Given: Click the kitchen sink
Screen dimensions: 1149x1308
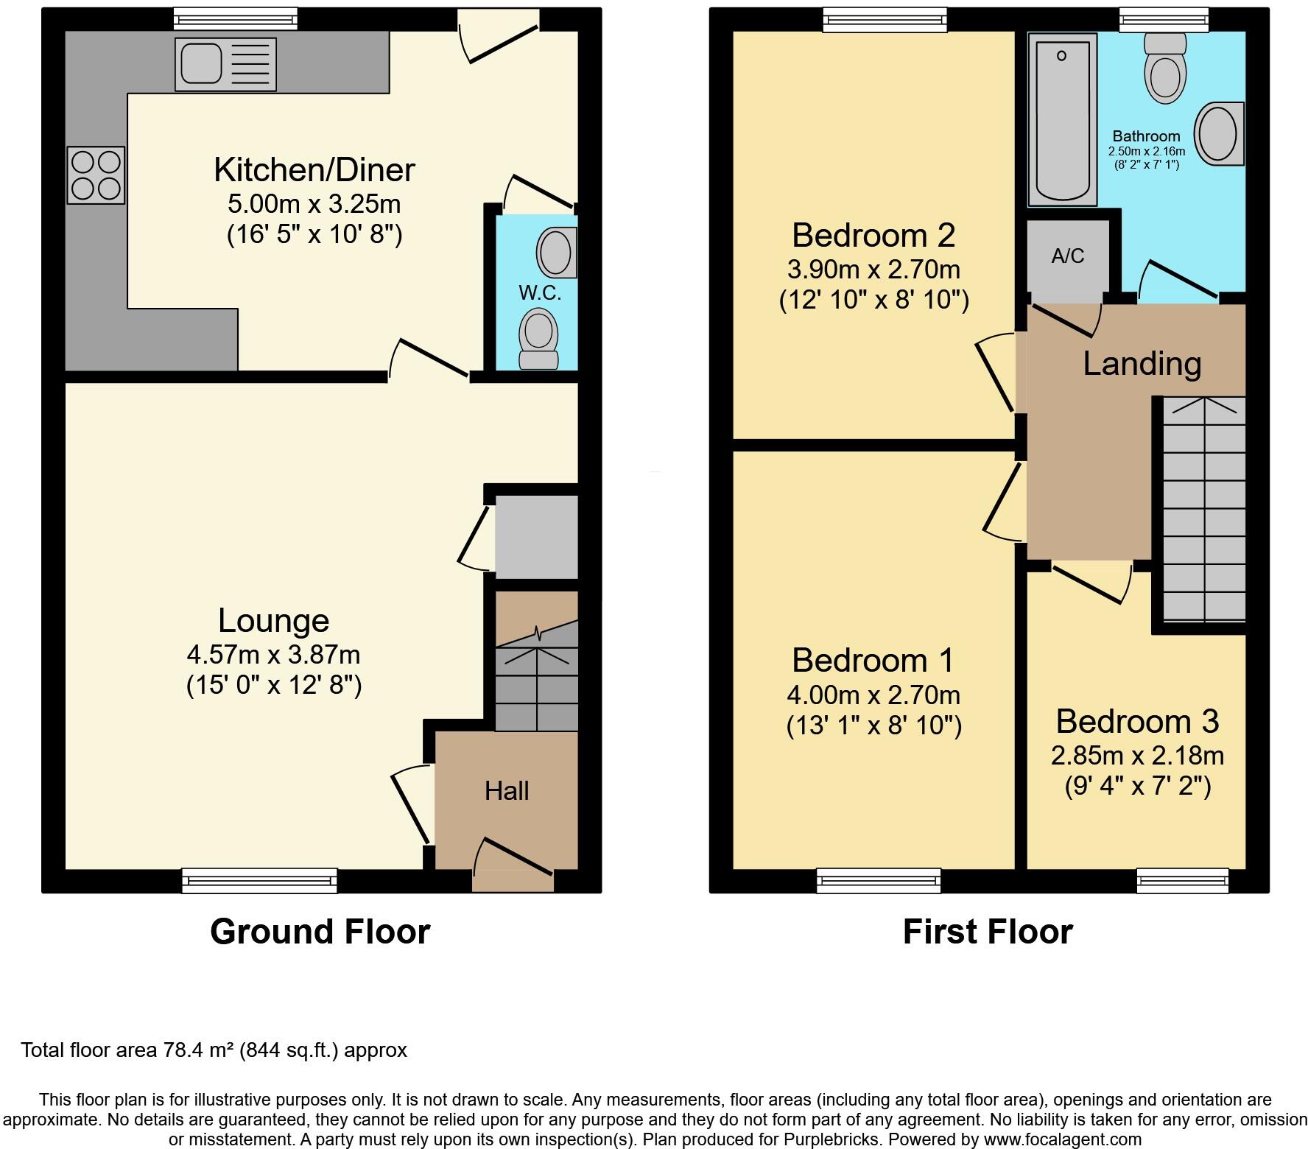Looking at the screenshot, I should click(225, 64).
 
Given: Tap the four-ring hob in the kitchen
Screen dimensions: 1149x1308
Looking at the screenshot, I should click(96, 175).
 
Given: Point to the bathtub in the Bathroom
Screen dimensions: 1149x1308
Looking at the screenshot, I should click(1061, 122).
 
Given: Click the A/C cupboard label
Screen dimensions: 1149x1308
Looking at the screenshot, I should click(1068, 256).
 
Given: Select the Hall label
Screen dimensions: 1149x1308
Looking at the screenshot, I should click(507, 791).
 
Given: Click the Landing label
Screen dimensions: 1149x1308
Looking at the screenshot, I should click(1142, 364).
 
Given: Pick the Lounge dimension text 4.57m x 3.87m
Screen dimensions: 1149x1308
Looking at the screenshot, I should click(273, 654).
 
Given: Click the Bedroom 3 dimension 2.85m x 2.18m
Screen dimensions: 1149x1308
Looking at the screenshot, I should click(1137, 755).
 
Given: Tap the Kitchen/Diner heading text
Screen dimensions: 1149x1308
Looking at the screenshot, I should click(314, 169).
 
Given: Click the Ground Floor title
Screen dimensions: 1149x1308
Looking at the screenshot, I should click(320, 932).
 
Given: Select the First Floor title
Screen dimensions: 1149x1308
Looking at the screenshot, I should click(988, 932).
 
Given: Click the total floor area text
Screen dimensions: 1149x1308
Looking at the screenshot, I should click(214, 1050).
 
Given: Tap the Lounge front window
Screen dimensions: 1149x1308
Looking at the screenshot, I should click(259, 880).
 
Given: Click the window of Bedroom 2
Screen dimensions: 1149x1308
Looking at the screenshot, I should click(885, 19).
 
